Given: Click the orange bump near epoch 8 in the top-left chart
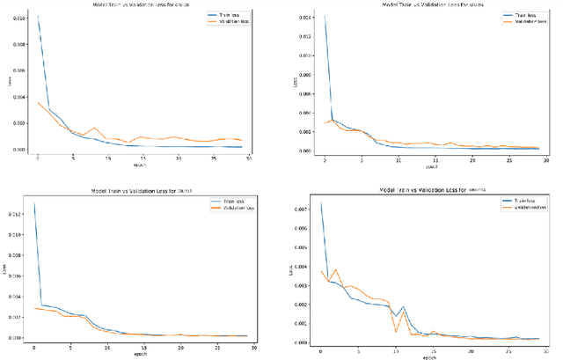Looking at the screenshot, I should click(x=95, y=129).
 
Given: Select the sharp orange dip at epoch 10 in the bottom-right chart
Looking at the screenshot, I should click(x=396, y=332).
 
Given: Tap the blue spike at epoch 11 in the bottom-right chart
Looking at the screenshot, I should click(x=403, y=307).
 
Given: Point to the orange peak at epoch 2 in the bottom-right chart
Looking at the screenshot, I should click(x=335, y=269).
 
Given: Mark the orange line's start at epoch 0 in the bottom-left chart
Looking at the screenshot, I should click(x=34, y=307).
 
